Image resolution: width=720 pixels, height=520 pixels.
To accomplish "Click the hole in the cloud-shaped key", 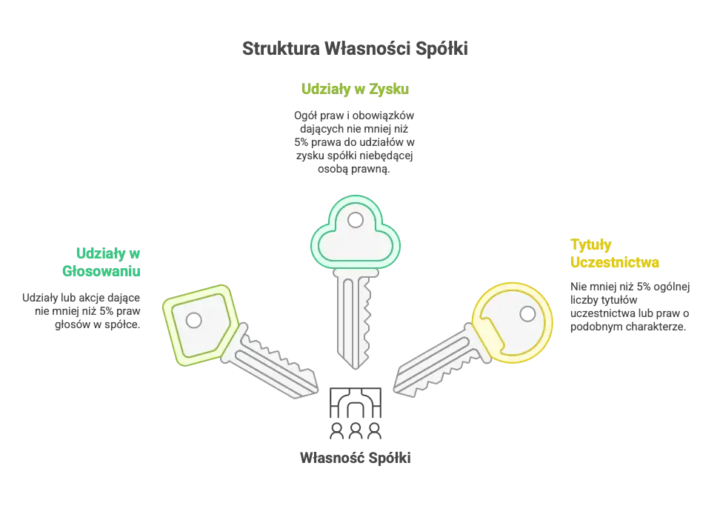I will pos(356,219).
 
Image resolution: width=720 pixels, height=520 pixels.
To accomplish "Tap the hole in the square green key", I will pos(194,320).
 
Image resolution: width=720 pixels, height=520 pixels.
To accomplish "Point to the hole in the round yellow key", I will pos(527,314).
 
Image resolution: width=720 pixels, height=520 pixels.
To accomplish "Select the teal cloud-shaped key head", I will pos(356,233).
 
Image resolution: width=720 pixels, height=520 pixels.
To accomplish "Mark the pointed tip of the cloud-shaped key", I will pos(358,365).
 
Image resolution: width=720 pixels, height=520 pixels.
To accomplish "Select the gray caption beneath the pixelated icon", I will pos(356,459).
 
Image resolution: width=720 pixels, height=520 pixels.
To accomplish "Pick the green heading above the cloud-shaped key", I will pos(354,90).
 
